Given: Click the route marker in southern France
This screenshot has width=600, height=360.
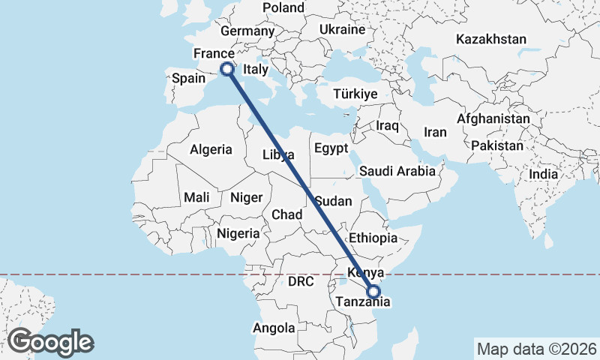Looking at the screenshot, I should tap(226, 68).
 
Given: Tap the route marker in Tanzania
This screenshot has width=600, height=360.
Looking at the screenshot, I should tap(373, 292).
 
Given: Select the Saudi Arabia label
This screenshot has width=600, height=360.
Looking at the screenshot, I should tap(397, 171).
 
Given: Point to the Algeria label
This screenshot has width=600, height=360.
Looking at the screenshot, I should tap(211, 149).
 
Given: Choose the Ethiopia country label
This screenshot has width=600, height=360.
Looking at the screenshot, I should tap(373, 238).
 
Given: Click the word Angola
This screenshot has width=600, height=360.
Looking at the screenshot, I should tap(274, 328).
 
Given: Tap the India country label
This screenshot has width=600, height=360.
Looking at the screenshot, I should tap(544, 174).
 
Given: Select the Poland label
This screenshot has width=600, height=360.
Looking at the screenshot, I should tap(283, 8).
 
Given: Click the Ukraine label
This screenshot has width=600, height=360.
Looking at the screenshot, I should tap(342, 29).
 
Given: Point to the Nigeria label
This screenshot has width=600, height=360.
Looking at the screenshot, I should tap(238, 233).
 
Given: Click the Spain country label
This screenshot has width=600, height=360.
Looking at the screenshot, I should tap(188, 78).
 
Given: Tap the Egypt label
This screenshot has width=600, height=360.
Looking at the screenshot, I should tap(331, 148).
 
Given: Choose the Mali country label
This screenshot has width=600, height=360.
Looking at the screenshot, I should tap(196, 197).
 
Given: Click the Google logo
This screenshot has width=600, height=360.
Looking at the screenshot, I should tap(51, 341).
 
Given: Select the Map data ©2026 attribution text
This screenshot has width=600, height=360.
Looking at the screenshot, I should tap(536, 349).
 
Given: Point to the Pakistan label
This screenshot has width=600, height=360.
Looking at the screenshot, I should tap(498, 145).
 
